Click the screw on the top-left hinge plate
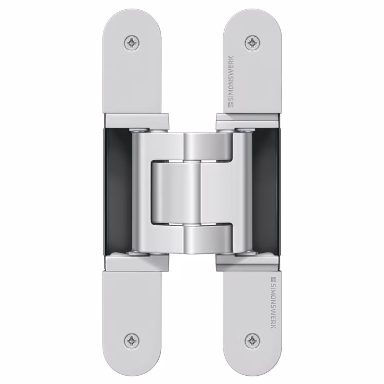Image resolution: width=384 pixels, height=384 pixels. click(x=132, y=43)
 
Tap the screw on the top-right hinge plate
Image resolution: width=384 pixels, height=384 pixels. click(x=252, y=43)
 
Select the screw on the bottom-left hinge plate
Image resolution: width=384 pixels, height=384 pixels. click(x=132, y=340)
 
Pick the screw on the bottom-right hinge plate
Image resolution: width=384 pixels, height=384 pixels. click(x=252, y=340)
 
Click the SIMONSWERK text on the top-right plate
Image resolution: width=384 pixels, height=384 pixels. click(x=231, y=78)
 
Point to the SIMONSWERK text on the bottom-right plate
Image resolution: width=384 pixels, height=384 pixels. click(x=273, y=306)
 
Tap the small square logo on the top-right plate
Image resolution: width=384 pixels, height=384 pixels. click(x=231, y=105)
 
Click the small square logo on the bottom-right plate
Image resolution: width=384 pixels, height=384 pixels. click(x=273, y=279)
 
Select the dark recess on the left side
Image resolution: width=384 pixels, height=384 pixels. click(x=118, y=192)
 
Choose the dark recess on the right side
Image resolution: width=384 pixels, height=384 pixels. click(x=266, y=192)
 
